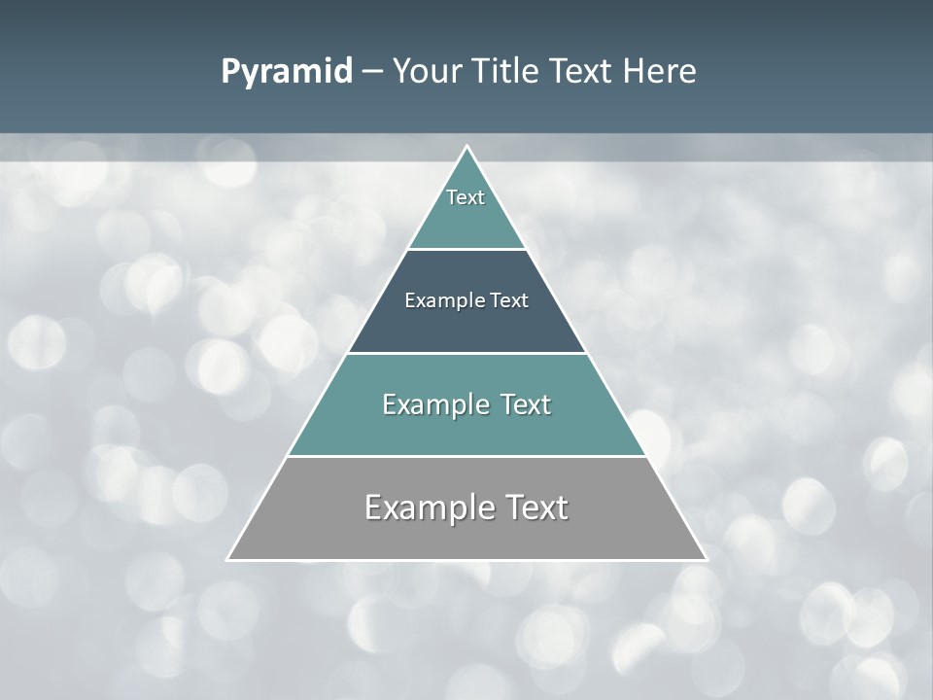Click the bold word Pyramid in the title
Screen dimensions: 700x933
click(x=287, y=72)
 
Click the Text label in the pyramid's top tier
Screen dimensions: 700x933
click(x=466, y=197)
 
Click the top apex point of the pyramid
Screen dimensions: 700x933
click(x=466, y=147)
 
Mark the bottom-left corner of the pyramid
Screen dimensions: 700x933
click(x=228, y=559)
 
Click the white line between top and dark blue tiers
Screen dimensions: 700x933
click(x=466, y=250)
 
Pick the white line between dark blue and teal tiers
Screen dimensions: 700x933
click(x=466, y=353)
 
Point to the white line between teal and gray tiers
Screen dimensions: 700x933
click(x=466, y=456)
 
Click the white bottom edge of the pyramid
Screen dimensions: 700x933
click(x=466, y=560)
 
